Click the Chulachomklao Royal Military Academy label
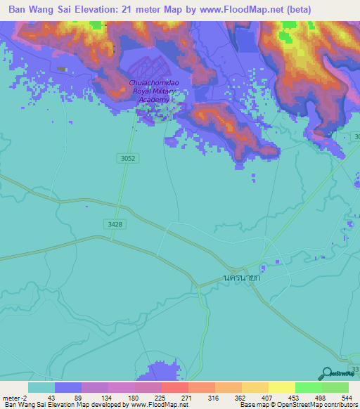click(x=150, y=91)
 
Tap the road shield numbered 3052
click(x=127, y=159)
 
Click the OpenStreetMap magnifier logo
click(x=326, y=373)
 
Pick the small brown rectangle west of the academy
click(x=61, y=69)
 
